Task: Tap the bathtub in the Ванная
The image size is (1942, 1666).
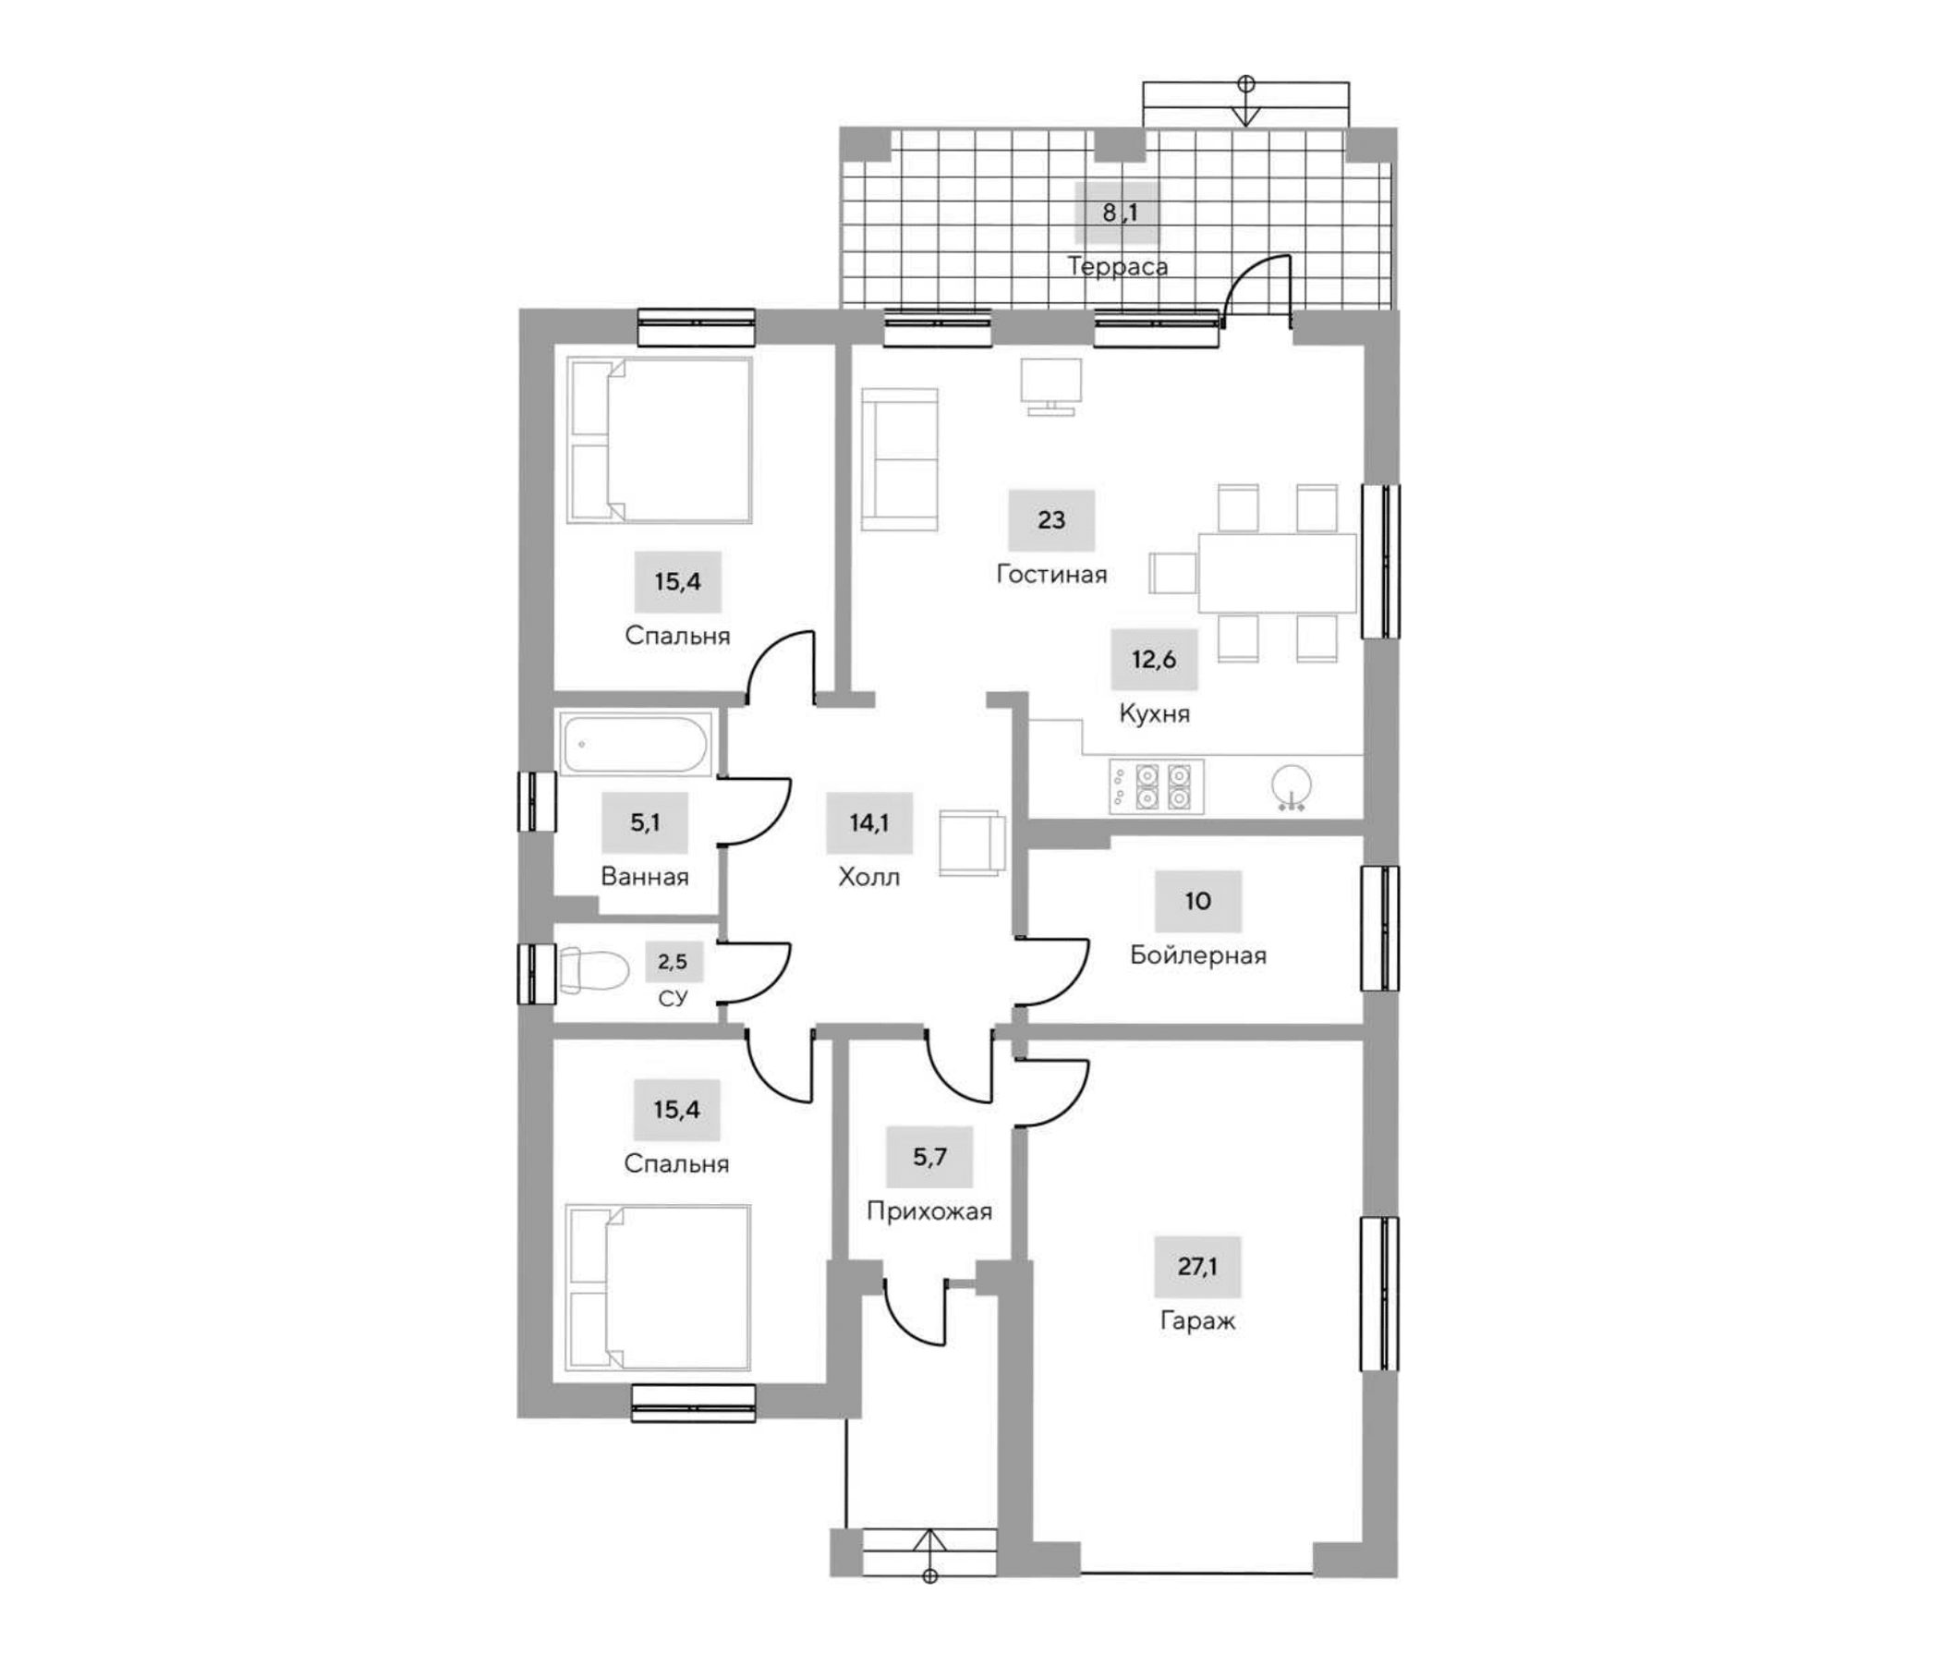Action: (635, 745)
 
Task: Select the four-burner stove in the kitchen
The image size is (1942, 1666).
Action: (1157, 785)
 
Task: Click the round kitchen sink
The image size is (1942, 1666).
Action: (1293, 785)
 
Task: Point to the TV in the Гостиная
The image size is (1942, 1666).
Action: (1050, 385)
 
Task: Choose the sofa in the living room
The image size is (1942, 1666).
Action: (900, 459)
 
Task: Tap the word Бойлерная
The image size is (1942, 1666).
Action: (1198, 955)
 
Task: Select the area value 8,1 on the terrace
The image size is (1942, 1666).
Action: (1119, 213)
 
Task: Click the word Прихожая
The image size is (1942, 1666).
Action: (929, 1211)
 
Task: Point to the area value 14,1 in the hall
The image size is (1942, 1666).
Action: (868, 823)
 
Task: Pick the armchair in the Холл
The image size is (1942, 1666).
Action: (972, 843)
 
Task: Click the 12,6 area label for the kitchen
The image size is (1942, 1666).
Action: (1153, 659)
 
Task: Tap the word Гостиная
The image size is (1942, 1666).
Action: (1050, 574)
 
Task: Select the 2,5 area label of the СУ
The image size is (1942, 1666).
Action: (672, 961)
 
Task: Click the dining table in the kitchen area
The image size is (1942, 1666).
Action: (1277, 573)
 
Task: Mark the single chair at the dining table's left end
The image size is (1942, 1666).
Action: (1172, 573)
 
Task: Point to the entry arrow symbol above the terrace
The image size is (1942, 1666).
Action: (1245, 101)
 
